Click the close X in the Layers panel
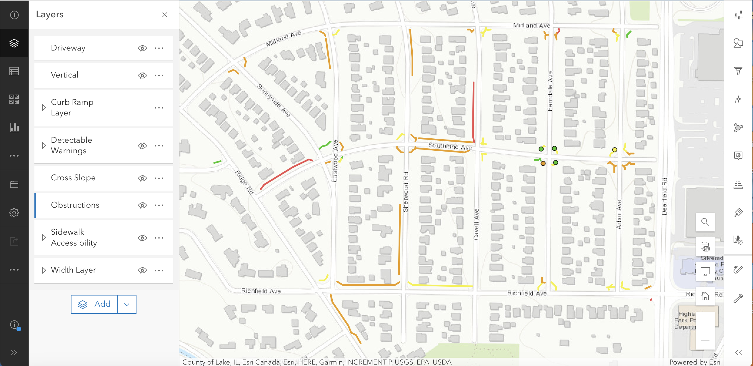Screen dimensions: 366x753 (165, 15)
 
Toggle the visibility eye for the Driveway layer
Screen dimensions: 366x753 (142, 48)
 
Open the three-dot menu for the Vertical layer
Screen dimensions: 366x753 (159, 75)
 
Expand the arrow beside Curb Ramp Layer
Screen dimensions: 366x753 (44, 108)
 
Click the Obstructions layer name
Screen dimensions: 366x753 (75, 205)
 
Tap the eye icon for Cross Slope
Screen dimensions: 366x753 (142, 178)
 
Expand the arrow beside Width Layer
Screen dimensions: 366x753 (44, 270)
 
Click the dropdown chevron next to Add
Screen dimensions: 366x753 (127, 304)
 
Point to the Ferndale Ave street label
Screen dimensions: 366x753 (550, 91)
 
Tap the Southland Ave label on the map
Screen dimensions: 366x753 (450, 146)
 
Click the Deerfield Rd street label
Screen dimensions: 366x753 (664, 196)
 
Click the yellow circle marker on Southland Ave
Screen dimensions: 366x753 (614, 150)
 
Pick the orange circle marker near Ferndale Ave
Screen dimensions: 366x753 (543, 163)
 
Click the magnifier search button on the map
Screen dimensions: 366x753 (705, 222)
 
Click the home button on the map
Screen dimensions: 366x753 (705, 296)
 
